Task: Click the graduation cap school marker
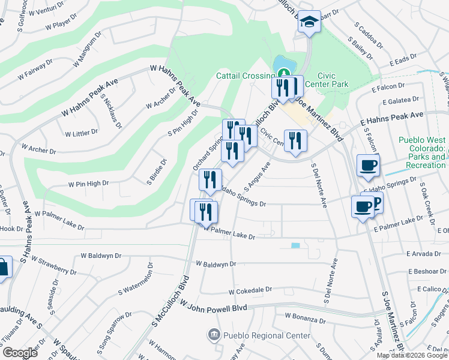(x=309, y=23)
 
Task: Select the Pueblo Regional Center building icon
(x=212, y=334)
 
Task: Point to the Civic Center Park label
(x=327, y=80)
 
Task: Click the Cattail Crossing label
(x=246, y=76)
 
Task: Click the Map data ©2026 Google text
(x=412, y=355)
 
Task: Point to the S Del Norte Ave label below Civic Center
(x=319, y=185)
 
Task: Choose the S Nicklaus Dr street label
(x=112, y=111)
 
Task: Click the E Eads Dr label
(x=403, y=62)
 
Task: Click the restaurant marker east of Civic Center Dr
(x=295, y=142)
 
